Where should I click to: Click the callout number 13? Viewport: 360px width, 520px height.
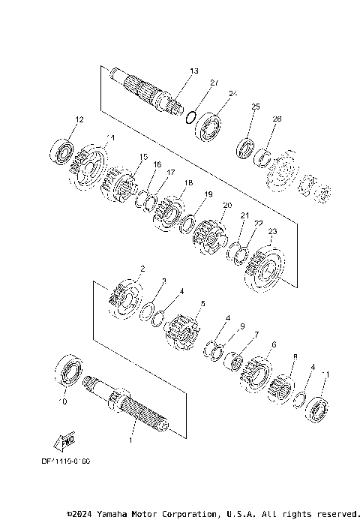click(x=193, y=71)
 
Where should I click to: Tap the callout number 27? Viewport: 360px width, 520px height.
click(x=214, y=83)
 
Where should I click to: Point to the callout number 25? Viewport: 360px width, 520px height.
click(x=255, y=107)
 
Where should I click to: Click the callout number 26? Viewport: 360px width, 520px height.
click(x=277, y=119)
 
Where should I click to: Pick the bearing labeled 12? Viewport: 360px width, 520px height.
click(x=62, y=152)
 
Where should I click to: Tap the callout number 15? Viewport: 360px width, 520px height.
click(x=144, y=156)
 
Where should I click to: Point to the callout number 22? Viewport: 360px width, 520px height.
click(x=258, y=224)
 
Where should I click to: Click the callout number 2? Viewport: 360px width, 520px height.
click(x=142, y=268)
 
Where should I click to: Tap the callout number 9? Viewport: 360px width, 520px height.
click(x=242, y=326)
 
